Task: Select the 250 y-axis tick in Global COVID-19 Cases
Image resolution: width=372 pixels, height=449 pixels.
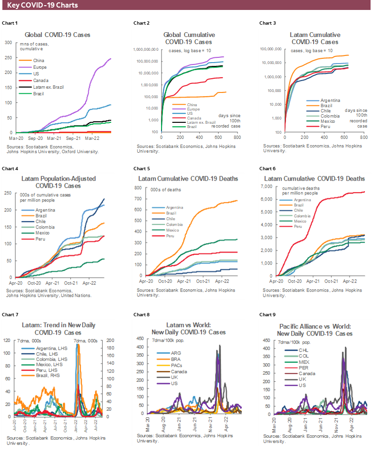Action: point(8,57)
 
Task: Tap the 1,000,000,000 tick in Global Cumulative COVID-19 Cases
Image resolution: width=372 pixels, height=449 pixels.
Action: point(146,49)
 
